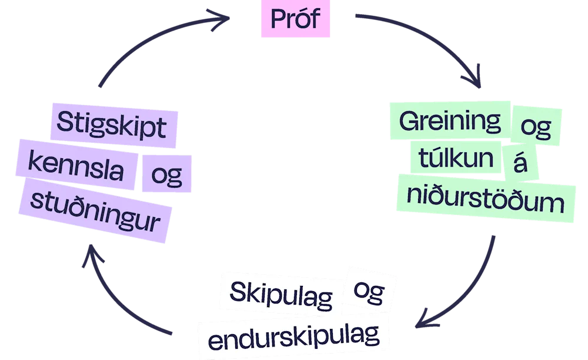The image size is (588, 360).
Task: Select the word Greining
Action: (x=450, y=122)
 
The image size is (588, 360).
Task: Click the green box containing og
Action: (x=536, y=125)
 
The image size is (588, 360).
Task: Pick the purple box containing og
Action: (x=166, y=174)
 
